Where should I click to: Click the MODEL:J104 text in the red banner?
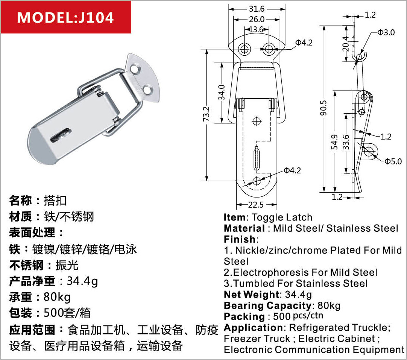click(x=65, y=17)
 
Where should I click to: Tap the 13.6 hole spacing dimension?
click(x=256, y=29)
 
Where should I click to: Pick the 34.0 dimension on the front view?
click(x=222, y=93)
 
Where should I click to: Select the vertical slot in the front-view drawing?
click(x=256, y=158)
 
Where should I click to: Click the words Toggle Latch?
click(x=282, y=217)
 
